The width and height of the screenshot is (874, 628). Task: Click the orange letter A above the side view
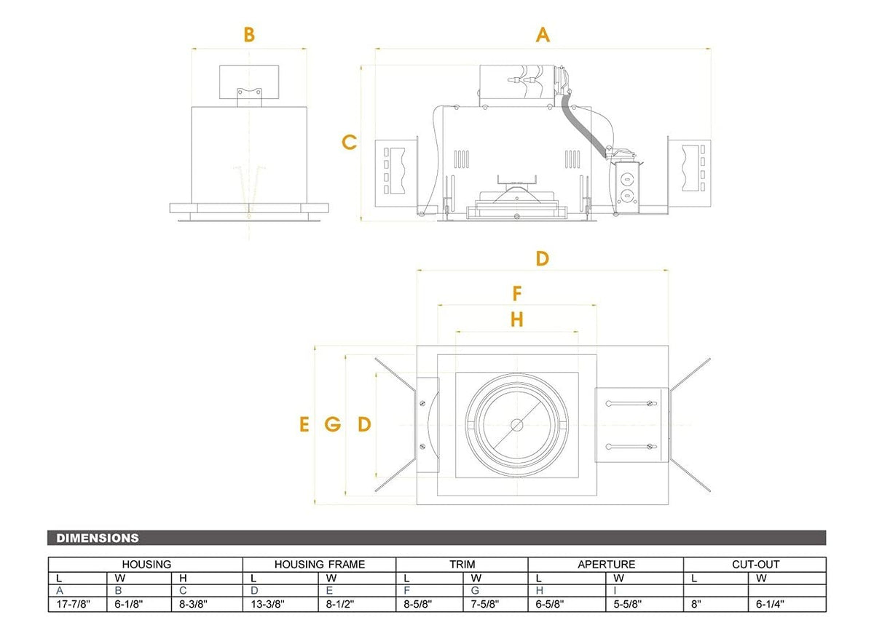coord(543,34)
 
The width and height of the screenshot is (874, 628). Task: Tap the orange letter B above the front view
coord(249,34)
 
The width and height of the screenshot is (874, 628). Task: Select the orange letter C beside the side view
coord(350,142)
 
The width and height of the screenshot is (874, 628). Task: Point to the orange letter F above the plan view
coord(517,293)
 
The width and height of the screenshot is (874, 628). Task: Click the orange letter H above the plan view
coord(517,319)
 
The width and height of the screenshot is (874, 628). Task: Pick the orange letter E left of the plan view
coord(304,424)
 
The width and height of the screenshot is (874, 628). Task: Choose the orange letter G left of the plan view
coord(333,424)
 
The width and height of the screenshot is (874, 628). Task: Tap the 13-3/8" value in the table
coord(269,604)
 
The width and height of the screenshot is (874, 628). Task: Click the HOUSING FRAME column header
coord(320,564)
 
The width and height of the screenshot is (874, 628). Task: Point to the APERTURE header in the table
coord(606,564)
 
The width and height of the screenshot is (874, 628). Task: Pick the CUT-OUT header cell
coord(755,564)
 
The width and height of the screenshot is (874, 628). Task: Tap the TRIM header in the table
coord(462,564)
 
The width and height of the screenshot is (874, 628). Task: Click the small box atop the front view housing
coord(249,84)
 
